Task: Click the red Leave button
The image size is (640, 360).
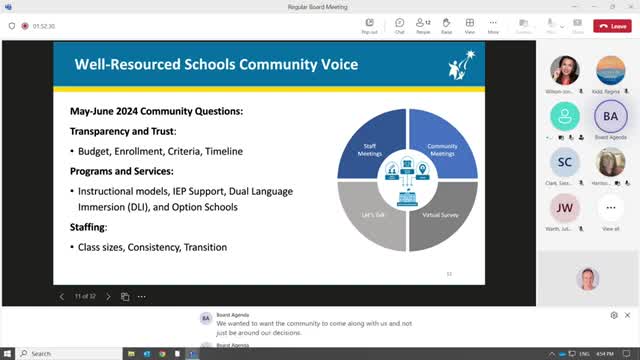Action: pos(612,25)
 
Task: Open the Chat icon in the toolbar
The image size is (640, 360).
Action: pos(399,25)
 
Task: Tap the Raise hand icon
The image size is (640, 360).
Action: pos(446,25)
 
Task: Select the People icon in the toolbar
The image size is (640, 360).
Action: pos(423,25)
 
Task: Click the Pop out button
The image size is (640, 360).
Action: pos(370,25)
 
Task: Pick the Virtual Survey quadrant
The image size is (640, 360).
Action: pos(440,213)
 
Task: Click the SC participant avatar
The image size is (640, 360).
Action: pos(564,162)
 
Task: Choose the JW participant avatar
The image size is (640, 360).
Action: pos(564,208)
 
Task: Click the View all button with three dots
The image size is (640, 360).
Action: pos(611,208)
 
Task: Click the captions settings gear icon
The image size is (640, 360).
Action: pos(614,315)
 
